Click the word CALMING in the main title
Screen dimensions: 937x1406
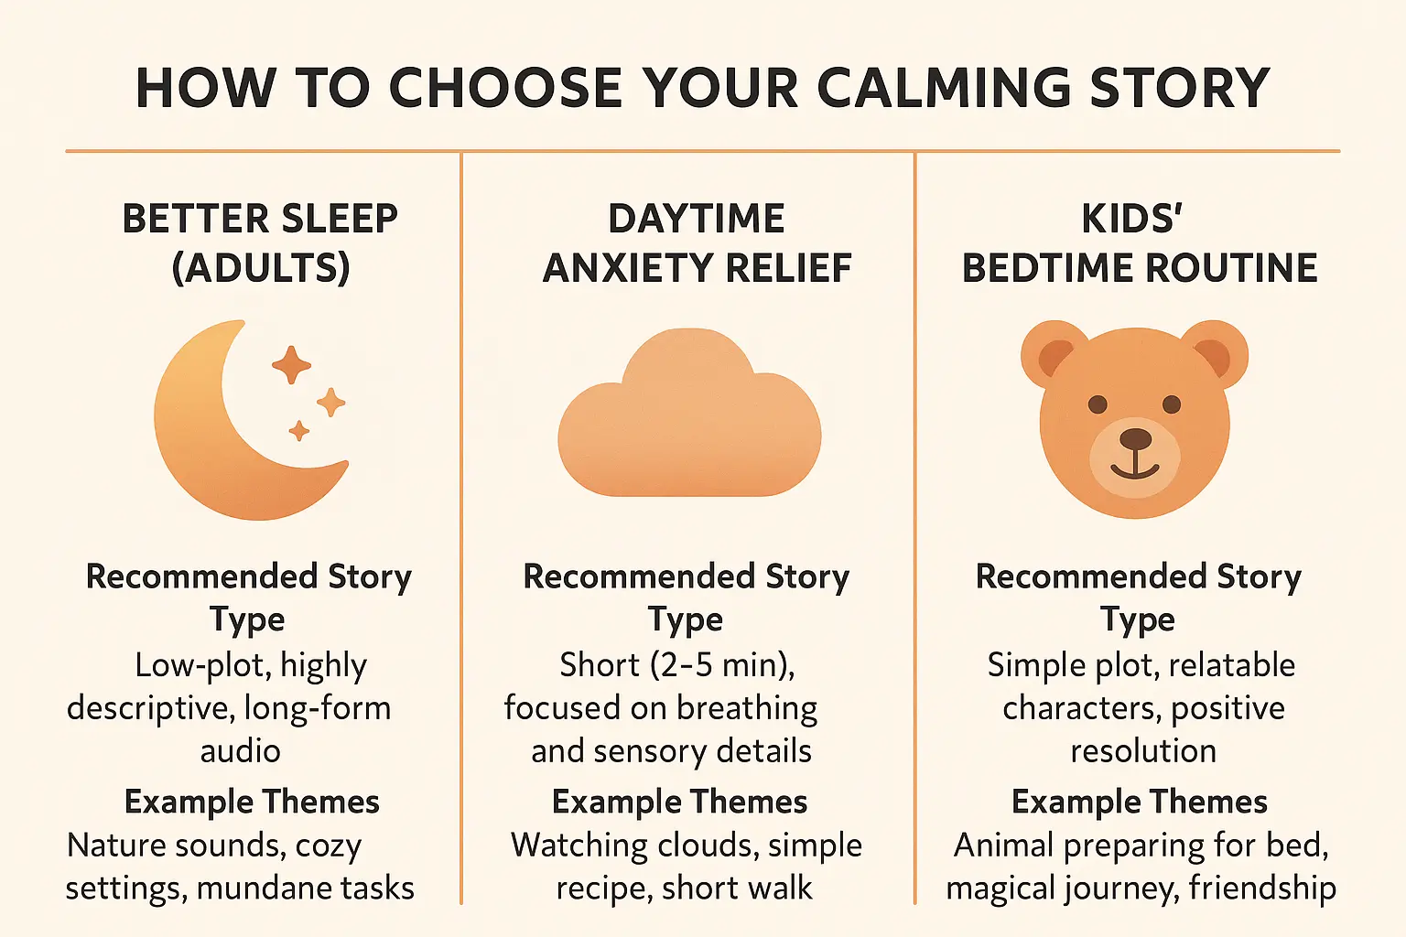coord(944,88)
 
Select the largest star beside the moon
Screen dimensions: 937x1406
coord(291,364)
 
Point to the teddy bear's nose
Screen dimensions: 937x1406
coord(1136,438)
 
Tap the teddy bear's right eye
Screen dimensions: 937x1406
coord(1172,404)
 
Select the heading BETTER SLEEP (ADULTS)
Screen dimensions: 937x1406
coord(260,243)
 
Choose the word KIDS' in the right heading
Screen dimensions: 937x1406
coord(1132,220)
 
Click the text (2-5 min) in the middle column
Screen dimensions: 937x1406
coord(722,664)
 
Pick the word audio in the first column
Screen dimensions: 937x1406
coord(240,751)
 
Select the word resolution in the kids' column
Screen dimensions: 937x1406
coord(1143,751)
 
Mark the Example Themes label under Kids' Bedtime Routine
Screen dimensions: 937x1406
coord(1139,802)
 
